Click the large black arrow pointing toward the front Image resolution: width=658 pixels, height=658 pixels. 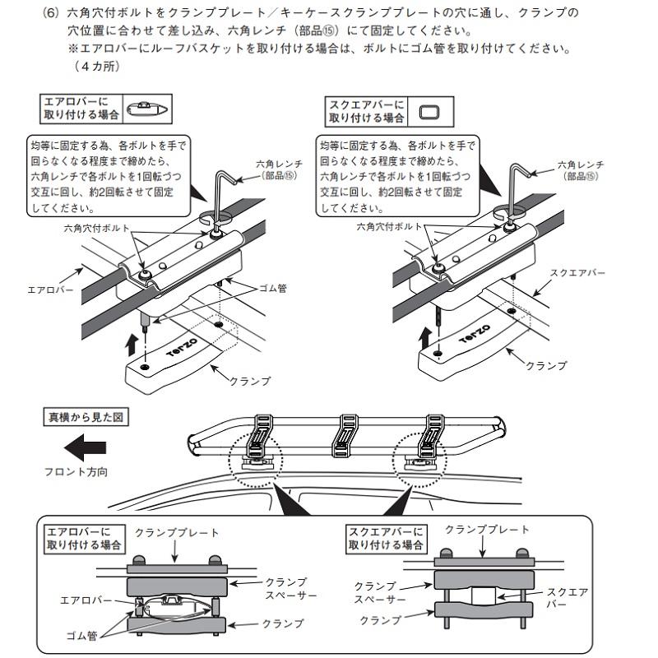[86, 447]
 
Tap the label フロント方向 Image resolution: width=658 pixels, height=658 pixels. [76, 472]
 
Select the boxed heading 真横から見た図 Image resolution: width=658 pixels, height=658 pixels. [86, 417]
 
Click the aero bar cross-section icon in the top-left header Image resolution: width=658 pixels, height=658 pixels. [147, 109]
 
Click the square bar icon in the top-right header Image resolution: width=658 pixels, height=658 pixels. [429, 112]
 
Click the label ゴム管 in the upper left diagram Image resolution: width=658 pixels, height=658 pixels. [273, 289]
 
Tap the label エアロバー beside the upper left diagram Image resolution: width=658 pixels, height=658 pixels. [50, 290]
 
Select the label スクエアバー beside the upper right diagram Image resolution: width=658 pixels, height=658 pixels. [578, 273]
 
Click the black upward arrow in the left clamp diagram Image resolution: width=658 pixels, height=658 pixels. [132, 345]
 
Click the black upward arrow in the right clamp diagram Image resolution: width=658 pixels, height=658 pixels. [425, 338]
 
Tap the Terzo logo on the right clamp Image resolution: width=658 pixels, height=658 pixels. [475, 333]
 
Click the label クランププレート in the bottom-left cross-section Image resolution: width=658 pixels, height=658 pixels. [177, 533]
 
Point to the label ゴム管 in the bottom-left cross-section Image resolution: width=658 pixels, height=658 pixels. [81, 636]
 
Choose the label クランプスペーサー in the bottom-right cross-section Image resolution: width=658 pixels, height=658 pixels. [380, 592]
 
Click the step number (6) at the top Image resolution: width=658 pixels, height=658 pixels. [50, 13]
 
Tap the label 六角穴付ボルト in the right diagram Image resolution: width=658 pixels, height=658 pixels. [389, 227]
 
